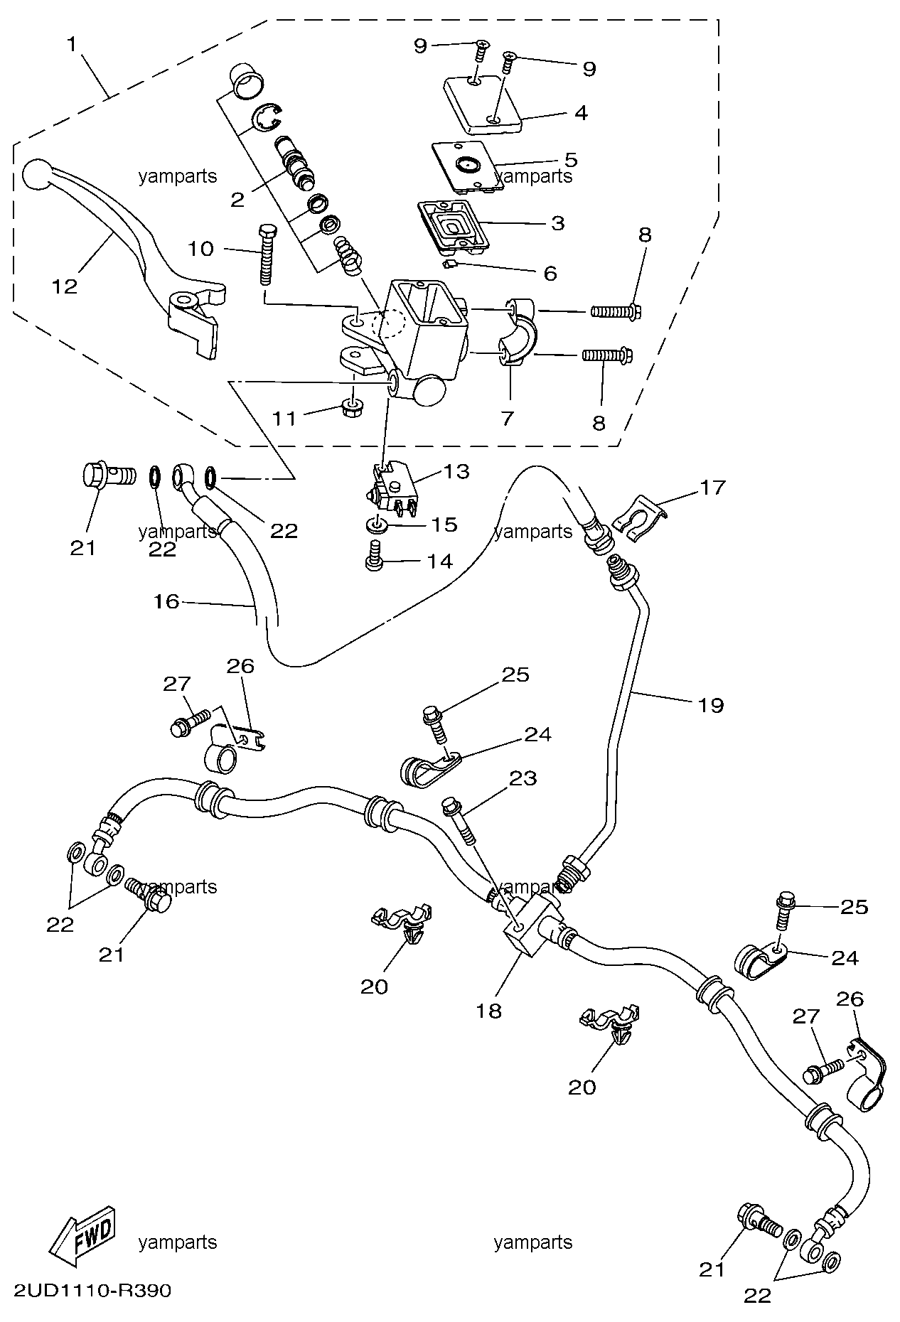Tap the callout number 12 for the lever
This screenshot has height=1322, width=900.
click(64, 286)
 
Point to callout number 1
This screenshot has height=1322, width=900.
click(71, 45)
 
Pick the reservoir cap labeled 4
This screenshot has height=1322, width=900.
click(483, 107)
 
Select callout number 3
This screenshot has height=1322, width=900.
click(558, 223)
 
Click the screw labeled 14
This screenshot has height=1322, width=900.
click(374, 561)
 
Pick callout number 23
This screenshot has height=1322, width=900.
click(523, 779)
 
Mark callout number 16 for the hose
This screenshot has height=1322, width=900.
click(166, 602)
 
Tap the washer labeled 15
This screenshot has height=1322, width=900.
click(377, 526)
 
